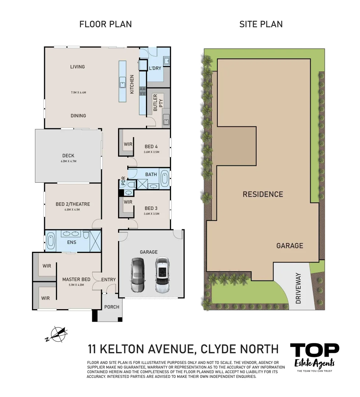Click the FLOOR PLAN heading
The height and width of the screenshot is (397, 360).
[106, 24]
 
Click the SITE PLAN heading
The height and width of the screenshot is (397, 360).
[261, 24]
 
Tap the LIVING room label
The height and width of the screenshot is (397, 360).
[77, 67]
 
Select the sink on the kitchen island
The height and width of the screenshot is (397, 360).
[122, 84]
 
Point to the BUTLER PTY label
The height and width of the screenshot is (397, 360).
[158, 103]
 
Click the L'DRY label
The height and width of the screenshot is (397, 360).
[155, 68]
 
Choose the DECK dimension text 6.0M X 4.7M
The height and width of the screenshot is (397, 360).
[68, 161]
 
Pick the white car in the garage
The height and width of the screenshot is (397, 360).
[161, 275]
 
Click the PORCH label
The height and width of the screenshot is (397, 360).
[112, 307]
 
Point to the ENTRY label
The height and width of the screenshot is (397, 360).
[108, 280]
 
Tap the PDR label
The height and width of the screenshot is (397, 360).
[123, 182]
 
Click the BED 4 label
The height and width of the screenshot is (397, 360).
[151, 146]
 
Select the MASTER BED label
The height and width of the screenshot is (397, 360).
[76, 279]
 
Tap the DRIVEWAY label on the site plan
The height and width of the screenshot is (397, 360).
[298, 288]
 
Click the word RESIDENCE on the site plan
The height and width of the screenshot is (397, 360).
[263, 194]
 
